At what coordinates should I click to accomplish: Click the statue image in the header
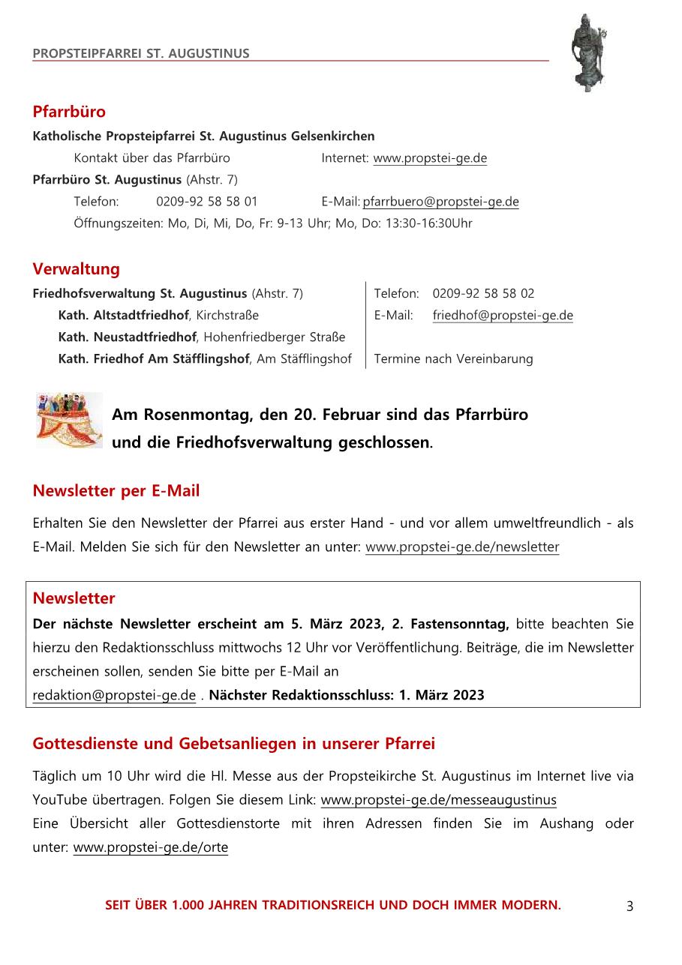587,52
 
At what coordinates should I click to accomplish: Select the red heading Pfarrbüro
69,112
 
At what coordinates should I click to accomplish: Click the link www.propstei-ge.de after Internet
430,158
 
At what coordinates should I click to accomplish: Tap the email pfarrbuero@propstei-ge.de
440,202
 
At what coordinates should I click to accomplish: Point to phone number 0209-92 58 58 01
207,202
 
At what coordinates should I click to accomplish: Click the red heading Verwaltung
76,268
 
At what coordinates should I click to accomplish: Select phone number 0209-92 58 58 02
483,293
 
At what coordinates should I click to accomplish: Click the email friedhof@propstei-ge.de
503,316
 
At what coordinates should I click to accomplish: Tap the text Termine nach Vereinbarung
453,359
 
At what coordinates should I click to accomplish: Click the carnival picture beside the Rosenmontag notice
69,420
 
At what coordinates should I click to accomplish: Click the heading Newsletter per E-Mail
116,491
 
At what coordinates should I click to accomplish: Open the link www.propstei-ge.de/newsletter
462,547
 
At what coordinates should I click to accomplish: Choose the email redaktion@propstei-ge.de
114,695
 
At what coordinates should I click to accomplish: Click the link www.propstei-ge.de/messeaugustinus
439,800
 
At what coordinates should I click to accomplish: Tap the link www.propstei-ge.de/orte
150,848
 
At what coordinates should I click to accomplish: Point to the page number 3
629,906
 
